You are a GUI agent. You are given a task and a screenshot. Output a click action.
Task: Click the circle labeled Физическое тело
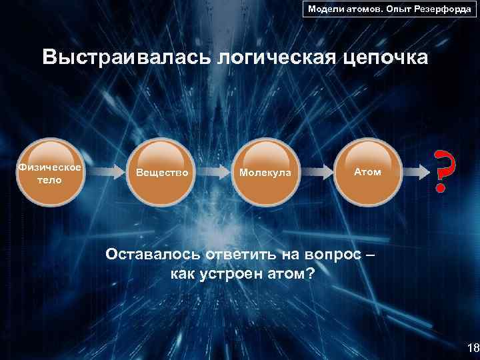tap(51, 172)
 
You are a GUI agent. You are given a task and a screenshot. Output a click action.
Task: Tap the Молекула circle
tap(265, 172)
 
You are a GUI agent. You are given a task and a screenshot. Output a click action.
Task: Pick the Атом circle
tap(367, 172)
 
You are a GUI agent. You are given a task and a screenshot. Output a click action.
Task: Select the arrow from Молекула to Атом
tap(318, 172)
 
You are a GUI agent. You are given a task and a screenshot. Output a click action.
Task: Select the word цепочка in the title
tap(387, 58)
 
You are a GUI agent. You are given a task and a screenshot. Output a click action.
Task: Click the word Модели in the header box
tap(325, 10)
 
